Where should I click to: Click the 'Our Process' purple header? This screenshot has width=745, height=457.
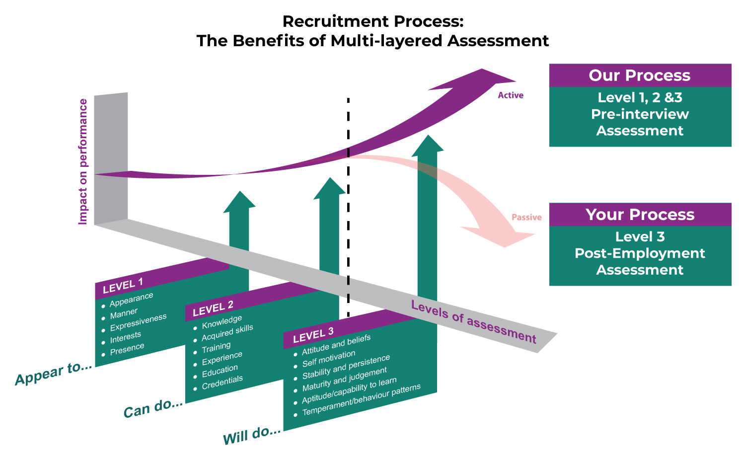[640, 76]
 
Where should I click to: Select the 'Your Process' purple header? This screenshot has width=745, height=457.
[640, 215]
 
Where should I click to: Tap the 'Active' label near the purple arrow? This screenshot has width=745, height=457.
[511, 95]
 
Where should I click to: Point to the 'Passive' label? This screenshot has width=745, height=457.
[526, 218]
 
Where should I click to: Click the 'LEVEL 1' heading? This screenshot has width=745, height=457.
[123, 286]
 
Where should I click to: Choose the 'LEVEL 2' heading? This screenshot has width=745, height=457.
[213, 308]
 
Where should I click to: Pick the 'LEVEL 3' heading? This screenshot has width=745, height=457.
[313, 335]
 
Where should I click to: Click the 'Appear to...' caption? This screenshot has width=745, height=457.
[54, 374]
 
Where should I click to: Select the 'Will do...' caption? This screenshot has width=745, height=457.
[252, 435]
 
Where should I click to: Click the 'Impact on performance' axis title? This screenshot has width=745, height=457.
[83, 161]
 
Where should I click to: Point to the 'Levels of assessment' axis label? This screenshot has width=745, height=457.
[473, 322]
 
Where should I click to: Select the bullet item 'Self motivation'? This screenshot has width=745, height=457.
[329, 358]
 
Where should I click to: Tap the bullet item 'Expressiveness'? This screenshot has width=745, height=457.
[138, 322]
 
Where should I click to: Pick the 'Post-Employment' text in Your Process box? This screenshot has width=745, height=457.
[640, 253]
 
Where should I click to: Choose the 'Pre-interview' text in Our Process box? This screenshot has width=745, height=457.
[640, 114]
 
